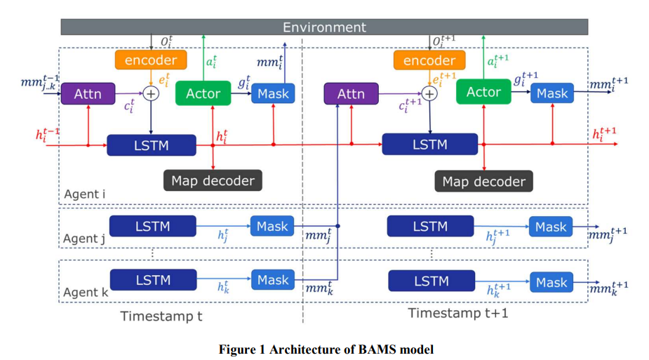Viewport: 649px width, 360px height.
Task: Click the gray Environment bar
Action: click(x=324, y=27)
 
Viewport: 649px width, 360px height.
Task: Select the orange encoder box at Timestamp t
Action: click(x=151, y=60)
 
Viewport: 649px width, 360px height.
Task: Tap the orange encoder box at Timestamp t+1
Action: click(x=429, y=60)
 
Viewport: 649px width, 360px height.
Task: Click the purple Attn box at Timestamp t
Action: click(x=88, y=93)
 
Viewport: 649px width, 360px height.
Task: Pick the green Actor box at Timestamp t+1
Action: click(x=483, y=92)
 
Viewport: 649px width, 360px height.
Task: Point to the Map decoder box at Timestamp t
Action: click(x=213, y=180)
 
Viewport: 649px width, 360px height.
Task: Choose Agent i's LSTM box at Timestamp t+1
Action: click(x=429, y=145)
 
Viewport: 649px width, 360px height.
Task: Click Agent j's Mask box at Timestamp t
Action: click(x=272, y=227)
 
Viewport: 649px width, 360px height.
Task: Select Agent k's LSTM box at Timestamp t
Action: click(x=153, y=280)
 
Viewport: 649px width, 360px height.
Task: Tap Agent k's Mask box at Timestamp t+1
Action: click(x=551, y=282)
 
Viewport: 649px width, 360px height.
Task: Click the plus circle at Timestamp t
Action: click(x=151, y=93)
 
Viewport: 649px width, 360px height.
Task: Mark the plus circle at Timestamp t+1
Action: click(x=429, y=94)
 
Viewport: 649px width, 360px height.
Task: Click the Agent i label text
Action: click(x=84, y=194)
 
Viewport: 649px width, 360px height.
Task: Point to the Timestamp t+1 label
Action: click(x=457, y=313)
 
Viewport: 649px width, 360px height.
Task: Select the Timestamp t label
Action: click(x=161, y=316)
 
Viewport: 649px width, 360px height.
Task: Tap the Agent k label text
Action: click(x=86, y=293)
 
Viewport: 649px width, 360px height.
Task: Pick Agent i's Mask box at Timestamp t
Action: click(x=273, y=93)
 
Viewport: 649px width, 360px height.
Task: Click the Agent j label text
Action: click(x=83, y=239)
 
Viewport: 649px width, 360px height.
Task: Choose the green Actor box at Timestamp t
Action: click(x=203, y=93)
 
